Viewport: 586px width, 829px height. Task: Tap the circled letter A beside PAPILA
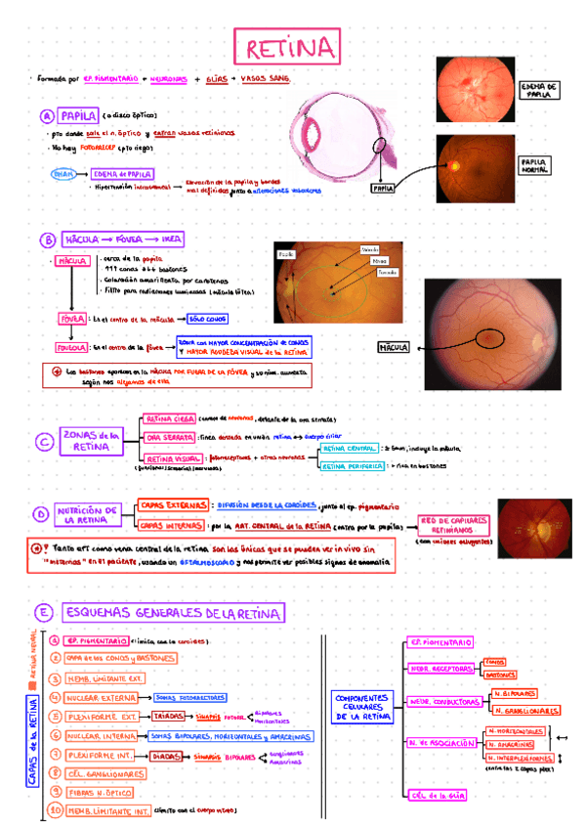[46, 115]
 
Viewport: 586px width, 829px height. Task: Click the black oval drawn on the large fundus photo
[489, 338]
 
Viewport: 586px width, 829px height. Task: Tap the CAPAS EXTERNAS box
[172, 504]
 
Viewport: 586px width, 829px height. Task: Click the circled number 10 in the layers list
[55, 810]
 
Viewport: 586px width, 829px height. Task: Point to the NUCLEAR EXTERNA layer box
[102, 698]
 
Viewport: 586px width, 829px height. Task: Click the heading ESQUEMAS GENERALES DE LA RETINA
[173, 613]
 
